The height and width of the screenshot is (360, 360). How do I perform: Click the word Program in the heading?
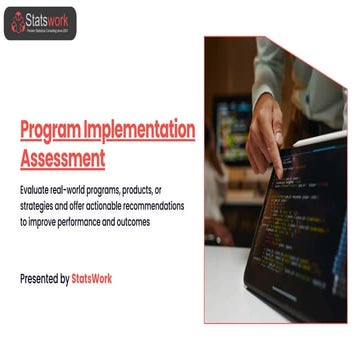coord(50,130)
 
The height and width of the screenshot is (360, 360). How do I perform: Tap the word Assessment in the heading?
coord(63,157)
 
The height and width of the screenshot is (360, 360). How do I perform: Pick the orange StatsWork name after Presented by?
coord(92,279)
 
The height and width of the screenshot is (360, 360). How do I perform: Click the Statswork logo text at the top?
coord(49,18)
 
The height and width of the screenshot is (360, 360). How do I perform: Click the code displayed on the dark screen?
coord(300,220)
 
